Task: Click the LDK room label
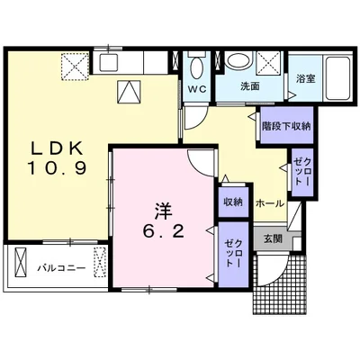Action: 57,148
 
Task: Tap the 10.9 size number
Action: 58,168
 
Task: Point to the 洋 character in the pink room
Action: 163,211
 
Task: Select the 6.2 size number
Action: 163,231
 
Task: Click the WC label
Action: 197,89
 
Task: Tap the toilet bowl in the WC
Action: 197,67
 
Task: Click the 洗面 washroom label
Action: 250,86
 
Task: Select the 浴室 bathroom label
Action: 305,79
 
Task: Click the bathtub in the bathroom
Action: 338,77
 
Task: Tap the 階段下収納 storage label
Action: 286,126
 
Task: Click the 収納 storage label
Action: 233,202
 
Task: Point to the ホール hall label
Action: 269,203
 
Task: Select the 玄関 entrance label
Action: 273,238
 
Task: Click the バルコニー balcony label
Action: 61,267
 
